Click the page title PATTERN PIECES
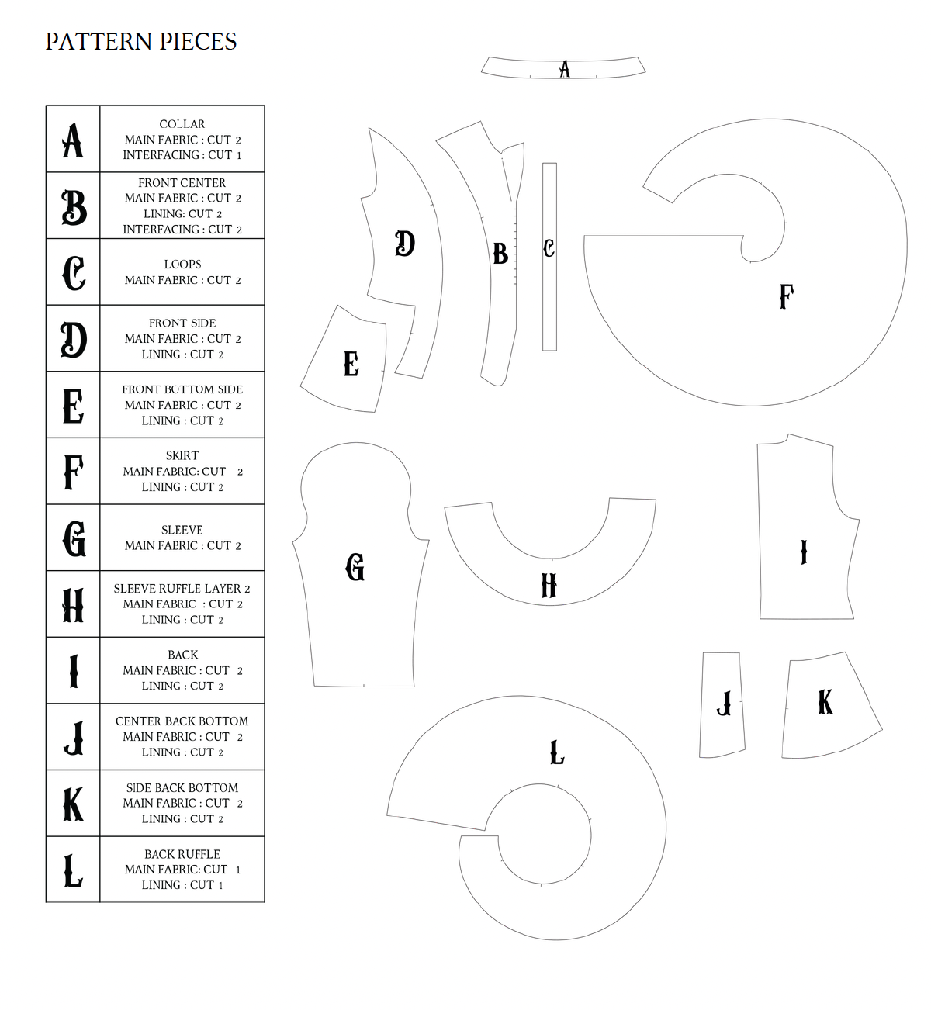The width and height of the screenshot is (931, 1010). point(141,41)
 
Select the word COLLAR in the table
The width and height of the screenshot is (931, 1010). point(182,124)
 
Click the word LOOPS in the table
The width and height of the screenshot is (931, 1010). point(182,265)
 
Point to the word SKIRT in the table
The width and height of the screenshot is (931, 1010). point(182,455)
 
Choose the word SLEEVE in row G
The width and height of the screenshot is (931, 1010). point(182,530)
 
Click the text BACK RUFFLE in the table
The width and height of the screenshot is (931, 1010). point(182,854)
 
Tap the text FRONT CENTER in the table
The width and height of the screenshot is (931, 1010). point(182,183)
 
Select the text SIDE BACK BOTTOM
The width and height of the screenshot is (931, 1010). point(182,788)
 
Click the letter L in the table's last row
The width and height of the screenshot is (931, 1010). point(73,870)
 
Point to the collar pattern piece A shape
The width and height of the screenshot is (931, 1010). point(563,67)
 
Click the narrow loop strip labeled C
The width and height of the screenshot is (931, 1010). point(549,257)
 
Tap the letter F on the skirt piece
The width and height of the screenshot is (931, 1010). point(787,296)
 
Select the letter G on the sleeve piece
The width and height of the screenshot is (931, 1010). point(355,567)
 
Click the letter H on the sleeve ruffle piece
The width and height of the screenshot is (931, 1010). point(549,586)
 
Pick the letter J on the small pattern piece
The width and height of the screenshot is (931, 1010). point(725,704)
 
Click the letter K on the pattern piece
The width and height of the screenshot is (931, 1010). point(825,702)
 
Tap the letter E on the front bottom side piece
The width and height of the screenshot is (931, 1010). point(351,364)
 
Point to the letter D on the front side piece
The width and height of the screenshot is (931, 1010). point(404,244)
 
